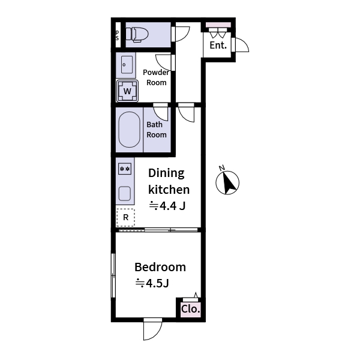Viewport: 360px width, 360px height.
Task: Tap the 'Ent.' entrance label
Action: (x=218, y=46)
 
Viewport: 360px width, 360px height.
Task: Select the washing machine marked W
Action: (x=127, y=91)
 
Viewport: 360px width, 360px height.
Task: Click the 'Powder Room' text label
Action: (x=156, y=77)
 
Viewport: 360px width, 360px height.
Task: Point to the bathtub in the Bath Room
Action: (x=128, y=130)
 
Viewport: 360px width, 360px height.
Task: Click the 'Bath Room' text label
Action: (x=157, y=130)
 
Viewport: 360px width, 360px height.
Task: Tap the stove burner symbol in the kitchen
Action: (x=125, y=169)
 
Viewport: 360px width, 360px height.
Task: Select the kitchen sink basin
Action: (x=125, y=193)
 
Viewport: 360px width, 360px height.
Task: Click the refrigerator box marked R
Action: (x=125, y=217)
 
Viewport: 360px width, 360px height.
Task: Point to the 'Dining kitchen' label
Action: (x=169, y=181)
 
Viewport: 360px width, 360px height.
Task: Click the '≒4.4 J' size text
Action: (x=167, y=206)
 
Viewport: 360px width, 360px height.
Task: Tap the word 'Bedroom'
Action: (x=160, y=267)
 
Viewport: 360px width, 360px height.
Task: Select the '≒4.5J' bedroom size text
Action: (x=153, y=283)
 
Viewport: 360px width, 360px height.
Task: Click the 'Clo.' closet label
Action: (x=190, y=310)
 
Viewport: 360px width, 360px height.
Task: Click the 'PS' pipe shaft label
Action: (x=117, y=35)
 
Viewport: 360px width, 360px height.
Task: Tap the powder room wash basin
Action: (x=125, y=64)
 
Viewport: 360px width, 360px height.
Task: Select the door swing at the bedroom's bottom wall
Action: (x=152, y=329)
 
